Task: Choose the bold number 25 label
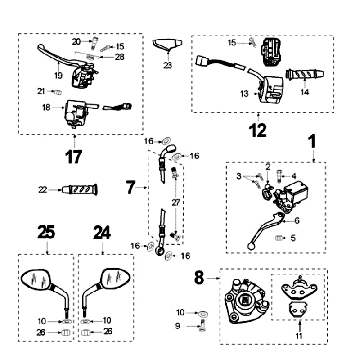point(45,233)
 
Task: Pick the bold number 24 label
point(101,233)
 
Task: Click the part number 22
point(71,189)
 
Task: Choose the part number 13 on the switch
point(243,93)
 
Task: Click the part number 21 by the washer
point(43,91)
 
